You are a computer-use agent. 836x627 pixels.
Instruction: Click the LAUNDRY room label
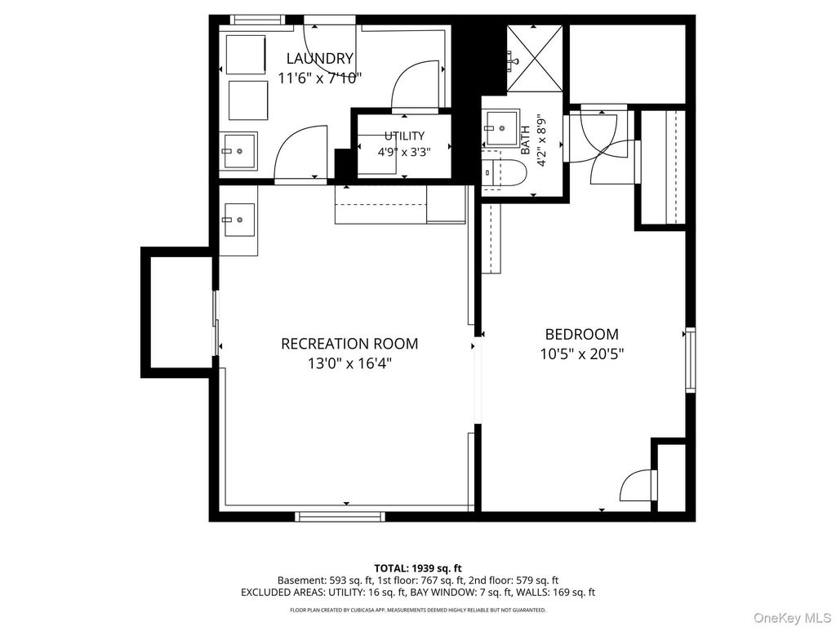320,58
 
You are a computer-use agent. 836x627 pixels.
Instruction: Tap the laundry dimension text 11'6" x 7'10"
320,78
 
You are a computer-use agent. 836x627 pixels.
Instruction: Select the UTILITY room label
405,136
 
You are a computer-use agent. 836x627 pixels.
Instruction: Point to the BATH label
525,140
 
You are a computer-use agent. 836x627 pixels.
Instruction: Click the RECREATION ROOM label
349,344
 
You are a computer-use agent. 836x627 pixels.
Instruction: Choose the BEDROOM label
581,334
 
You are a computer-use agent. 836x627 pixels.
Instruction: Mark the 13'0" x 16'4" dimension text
349,363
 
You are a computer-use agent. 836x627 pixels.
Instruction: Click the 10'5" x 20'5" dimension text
581,354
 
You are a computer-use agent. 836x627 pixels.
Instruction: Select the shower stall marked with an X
534,58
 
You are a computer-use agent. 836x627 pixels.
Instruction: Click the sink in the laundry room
239,151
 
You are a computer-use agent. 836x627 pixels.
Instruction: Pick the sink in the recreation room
239,220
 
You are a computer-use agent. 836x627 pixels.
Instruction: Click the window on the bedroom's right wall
691,360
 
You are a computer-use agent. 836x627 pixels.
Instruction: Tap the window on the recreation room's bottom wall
340,516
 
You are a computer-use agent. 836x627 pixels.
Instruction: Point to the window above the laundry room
257,20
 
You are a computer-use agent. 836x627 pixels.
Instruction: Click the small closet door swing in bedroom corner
635,485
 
